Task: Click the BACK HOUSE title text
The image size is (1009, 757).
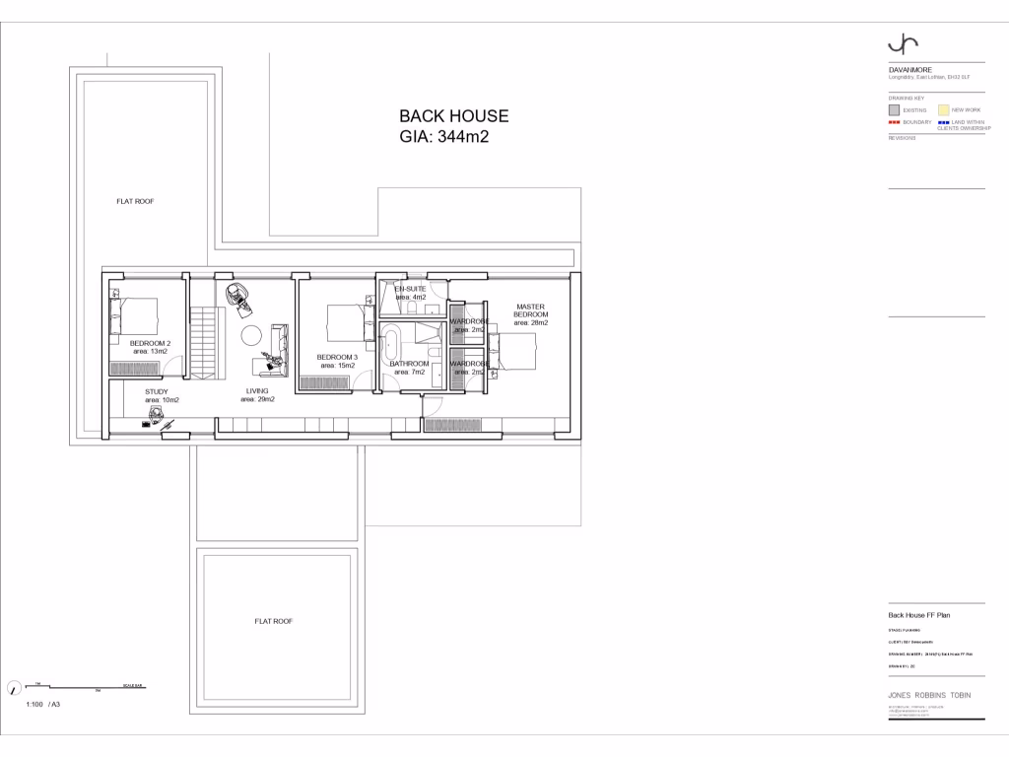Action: [x=453, y=116]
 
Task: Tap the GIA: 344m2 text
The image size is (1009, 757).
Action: [x=443, y=138]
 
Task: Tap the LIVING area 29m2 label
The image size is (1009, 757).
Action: [x=257, y=395]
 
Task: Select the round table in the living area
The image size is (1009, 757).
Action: [x=250, y=335]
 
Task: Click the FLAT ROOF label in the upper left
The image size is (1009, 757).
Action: [x=135, y=201]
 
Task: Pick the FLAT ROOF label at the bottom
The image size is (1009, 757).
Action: [x=274, y=621]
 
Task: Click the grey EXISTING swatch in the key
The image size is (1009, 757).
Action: [x=895, y=110]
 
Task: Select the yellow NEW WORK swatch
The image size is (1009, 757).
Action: [x=943, y=110]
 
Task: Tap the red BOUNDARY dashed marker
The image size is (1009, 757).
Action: [x=895, y=122]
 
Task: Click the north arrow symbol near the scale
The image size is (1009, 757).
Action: [x=14, y=688]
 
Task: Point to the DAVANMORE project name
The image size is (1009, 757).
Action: [x=905, y=70]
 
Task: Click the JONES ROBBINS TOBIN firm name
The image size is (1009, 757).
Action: [x=929, y=695]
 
